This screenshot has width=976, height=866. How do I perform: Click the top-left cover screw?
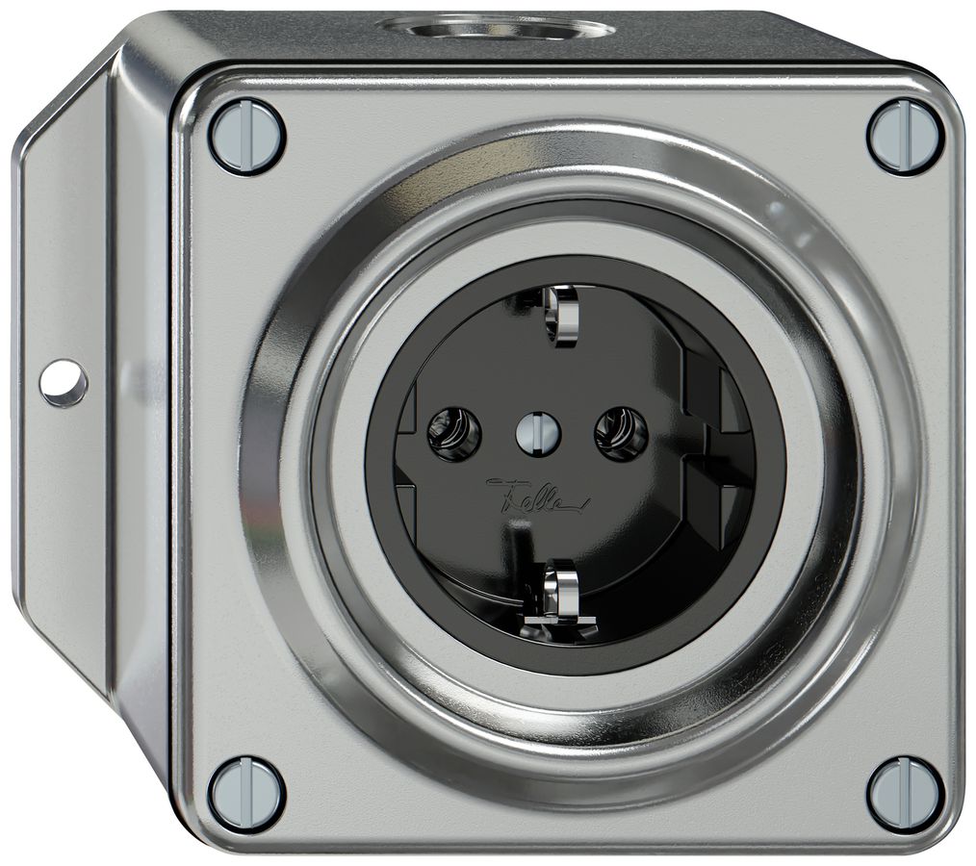246,136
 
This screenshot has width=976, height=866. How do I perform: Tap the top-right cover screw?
905,136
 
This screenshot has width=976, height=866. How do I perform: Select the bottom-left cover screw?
246,794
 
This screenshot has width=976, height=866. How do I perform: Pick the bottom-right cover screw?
905,794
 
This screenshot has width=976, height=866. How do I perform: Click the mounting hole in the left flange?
64,383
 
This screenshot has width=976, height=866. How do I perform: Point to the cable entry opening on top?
496,27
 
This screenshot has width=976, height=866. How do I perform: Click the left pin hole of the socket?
453,433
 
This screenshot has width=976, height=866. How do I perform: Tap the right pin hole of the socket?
621,433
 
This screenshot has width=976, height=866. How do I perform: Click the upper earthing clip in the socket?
557,313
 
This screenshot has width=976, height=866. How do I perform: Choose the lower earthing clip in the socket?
558,589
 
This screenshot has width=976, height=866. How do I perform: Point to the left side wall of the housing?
144,433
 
